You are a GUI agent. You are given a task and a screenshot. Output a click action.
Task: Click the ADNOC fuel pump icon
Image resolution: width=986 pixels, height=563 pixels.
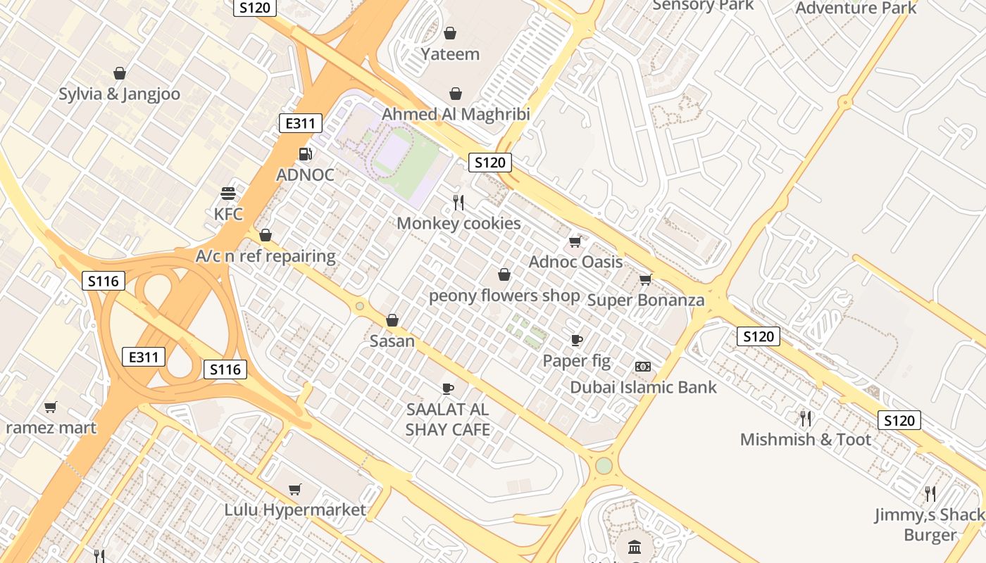point(305,153)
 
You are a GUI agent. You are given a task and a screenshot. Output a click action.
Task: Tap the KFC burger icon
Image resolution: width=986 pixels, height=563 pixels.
point(227,193)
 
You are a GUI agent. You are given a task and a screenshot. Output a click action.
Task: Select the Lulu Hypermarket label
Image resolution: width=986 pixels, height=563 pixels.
point(295,510)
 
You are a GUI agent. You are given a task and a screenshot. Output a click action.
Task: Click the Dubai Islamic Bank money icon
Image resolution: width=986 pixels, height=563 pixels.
point(643,367)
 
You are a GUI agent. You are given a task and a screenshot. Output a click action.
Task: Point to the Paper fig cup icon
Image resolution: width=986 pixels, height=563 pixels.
point(577,341)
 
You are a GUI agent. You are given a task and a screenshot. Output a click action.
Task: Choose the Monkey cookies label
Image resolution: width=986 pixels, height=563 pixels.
point(458,224)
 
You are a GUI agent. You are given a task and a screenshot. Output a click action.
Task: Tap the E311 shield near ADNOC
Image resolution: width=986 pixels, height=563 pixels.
point(301,124)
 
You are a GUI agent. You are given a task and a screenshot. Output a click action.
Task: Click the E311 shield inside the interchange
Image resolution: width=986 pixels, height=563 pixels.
point(144,357)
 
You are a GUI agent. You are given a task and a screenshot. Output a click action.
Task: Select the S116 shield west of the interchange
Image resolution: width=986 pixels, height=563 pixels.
point(104,281)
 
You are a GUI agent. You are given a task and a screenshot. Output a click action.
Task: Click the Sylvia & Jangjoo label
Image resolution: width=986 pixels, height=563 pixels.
point(119,94)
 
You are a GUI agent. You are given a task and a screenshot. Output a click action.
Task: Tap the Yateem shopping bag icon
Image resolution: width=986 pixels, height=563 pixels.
point(450,33)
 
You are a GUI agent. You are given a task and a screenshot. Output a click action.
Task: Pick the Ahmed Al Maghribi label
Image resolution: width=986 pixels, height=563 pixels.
point(456,114)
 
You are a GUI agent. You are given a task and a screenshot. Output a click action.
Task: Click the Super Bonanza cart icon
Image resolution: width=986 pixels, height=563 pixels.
point(645,279)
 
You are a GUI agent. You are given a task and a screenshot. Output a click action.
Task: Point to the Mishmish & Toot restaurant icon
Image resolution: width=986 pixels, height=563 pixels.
point(806,419)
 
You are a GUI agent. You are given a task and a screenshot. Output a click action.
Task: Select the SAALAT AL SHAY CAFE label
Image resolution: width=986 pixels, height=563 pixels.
point(447,419)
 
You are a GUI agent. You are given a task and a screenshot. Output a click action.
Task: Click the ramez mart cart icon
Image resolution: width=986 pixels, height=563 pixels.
point(50,407)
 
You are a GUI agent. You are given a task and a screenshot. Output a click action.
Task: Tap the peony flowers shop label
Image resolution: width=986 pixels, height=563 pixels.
point(504,296)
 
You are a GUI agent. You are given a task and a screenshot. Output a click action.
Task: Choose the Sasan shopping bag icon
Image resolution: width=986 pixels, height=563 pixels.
point(392,320)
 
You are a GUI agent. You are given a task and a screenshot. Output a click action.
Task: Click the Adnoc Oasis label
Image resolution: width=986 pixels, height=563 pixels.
point(575,262)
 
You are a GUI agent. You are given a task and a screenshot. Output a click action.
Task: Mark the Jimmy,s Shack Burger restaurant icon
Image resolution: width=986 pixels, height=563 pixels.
point(930,493)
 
